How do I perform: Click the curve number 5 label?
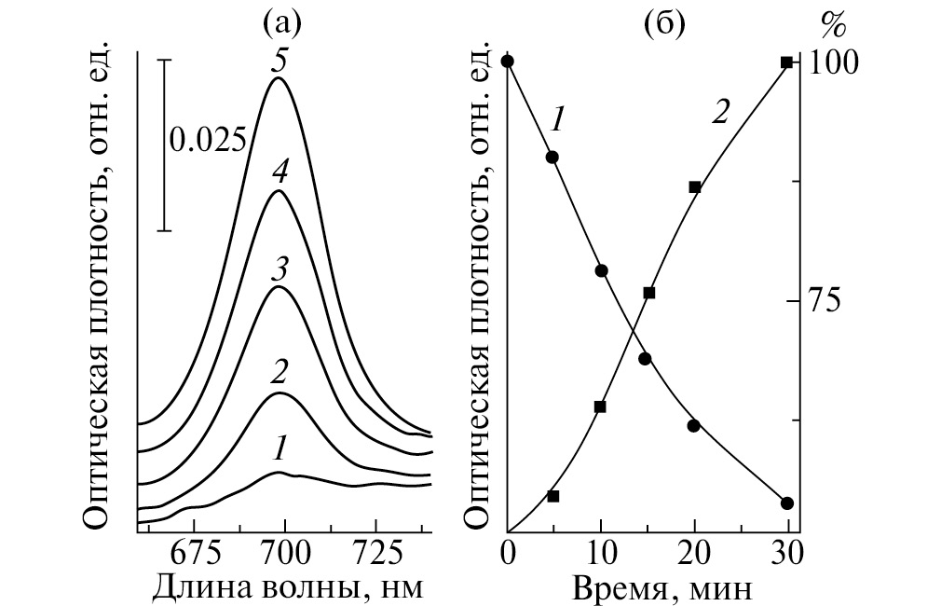click(278, 61)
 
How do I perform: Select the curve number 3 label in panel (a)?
click(278, 270)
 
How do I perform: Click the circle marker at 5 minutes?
click(552, 157)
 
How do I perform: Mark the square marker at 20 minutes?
click(694, 186)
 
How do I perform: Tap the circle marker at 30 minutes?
click(787, 503)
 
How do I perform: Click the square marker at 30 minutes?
click(787, 62)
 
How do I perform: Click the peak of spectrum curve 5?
click(278, 78)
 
